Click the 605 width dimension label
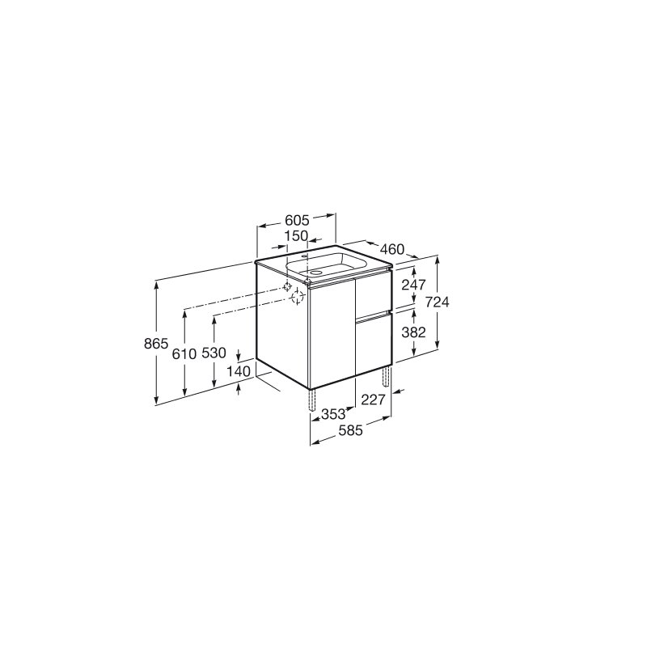click(x=297, y=221)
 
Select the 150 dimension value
click(x=297, y=235)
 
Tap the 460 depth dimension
click(x=392, y=249)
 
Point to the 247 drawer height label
click(x=413, y=285)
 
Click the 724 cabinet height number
click(x=437, y=302)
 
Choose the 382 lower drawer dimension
click(x=413, y=332)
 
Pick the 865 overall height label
click(x=156, y=343)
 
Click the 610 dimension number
click(x=184, y=353)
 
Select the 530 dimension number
click(x=214, y=353)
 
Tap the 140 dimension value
click(x=239, y=371)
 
